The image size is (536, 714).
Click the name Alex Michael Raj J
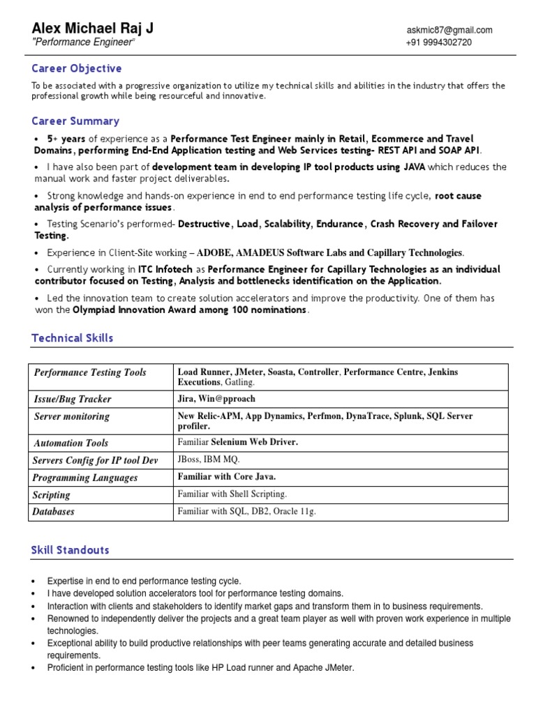[92, 28]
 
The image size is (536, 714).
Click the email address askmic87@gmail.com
[449, 30]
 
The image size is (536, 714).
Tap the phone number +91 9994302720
[438, 43]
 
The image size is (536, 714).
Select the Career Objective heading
[77, 68]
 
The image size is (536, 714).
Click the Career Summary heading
[75, 121]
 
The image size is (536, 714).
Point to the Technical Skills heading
[72, 338]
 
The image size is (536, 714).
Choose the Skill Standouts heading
[70, 550]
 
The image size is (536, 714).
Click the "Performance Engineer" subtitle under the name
[83, 43]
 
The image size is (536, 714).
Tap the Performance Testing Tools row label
[90, 372]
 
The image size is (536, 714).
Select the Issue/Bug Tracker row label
[73, 399]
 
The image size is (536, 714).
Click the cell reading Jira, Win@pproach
[216, 399]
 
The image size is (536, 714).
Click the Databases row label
[54, 511]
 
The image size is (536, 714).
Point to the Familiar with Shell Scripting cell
[232, 494]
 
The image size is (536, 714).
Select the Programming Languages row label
[85, 478]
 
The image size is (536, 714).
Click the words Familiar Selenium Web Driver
[238, 442]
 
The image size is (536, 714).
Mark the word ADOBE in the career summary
[217, 252]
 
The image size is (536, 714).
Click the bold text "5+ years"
[66, 139]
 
